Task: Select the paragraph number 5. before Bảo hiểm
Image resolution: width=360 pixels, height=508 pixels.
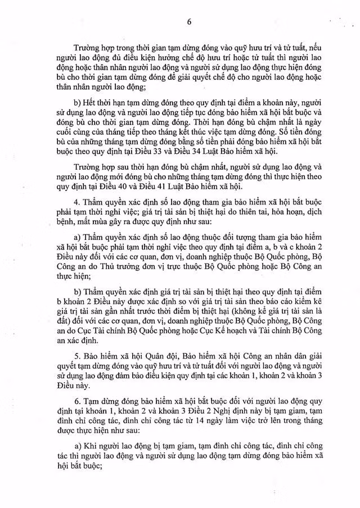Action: click(76, 358)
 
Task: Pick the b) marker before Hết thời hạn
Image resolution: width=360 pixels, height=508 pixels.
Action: click(78, 105)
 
